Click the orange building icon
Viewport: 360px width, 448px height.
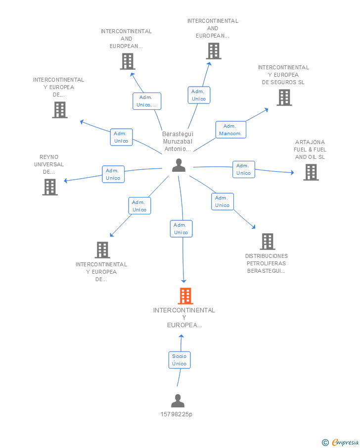tap(185, 296)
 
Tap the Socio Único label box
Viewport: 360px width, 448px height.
tap(180, 360)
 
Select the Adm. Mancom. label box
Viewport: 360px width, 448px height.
tap(230, 130)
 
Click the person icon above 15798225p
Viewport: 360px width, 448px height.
tap(178, 400)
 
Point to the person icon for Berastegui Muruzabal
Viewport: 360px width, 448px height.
tap(179, 165)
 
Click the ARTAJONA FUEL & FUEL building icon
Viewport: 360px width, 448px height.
tap(311, 172)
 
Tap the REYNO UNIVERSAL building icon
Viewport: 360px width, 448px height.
tap(50, 187)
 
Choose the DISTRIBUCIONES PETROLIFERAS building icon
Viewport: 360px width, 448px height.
tap(268, 242)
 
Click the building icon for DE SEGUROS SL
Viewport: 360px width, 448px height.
tap(284, 98)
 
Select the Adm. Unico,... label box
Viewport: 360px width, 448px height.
tap(147, 101)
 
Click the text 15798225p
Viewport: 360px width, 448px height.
tap(176, 414)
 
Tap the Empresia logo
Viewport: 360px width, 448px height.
tap(340, 442)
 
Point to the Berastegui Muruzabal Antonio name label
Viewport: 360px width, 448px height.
tap(178, 142)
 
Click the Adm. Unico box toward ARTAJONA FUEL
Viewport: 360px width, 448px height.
tap(243, 169)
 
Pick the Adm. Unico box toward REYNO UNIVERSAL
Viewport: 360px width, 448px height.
tap(113, 174)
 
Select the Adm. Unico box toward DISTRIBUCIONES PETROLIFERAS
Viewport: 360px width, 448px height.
tap(223, 201)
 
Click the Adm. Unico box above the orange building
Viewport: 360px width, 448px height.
tap(181, 229)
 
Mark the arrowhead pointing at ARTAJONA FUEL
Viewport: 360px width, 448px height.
tap(292, 172)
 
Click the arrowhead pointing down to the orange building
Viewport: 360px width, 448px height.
tap(183, 281)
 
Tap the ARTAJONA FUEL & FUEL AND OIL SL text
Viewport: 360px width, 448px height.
tap(310, 149)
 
